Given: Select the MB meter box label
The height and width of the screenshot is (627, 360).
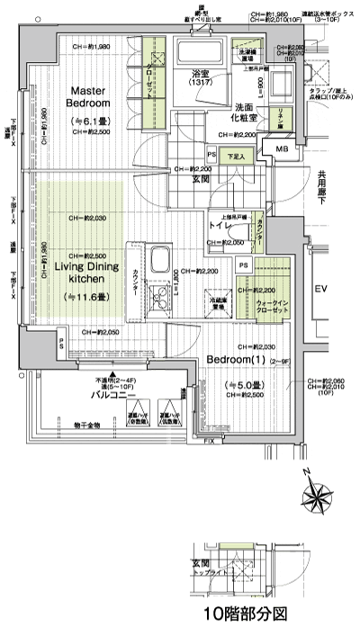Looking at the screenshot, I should click(282, 149).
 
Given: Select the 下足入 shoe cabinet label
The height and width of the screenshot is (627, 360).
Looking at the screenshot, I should click(237, 156).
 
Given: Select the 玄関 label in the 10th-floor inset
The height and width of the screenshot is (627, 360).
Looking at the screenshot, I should click(202, 562).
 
